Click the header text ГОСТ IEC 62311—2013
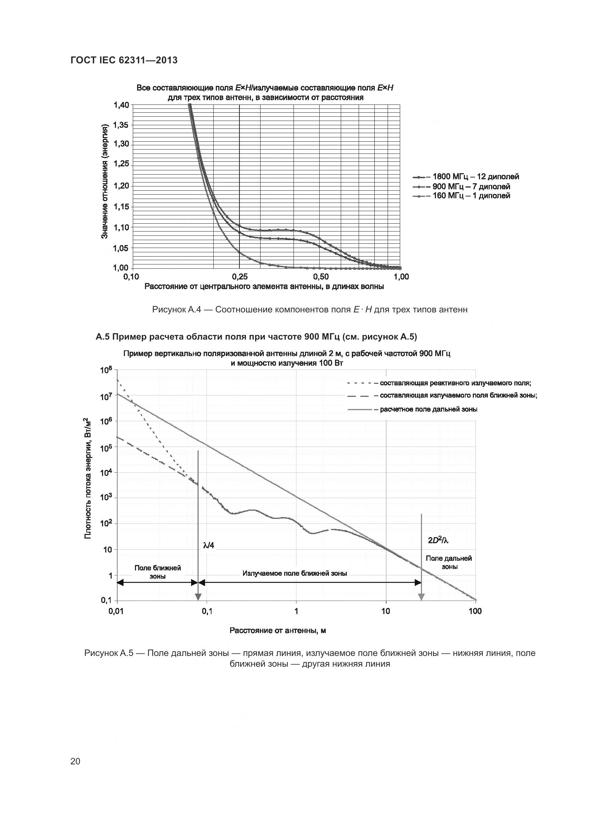point(124,60)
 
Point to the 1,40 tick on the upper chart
point(121,105)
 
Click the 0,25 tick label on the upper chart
point(239,277)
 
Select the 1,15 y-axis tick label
point(121,207)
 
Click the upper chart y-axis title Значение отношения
point(105,181)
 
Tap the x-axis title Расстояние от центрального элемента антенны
point(264,287)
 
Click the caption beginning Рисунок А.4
point(310,310)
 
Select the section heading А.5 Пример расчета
point(256,337)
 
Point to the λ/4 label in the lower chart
point(209,545)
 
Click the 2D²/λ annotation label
point(438,541)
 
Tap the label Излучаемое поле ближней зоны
point(295,573)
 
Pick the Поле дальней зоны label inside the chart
point(449,562)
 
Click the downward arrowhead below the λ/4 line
point(198,597)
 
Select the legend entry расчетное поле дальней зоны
point(428,409)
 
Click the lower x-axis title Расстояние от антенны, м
point(277,631)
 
